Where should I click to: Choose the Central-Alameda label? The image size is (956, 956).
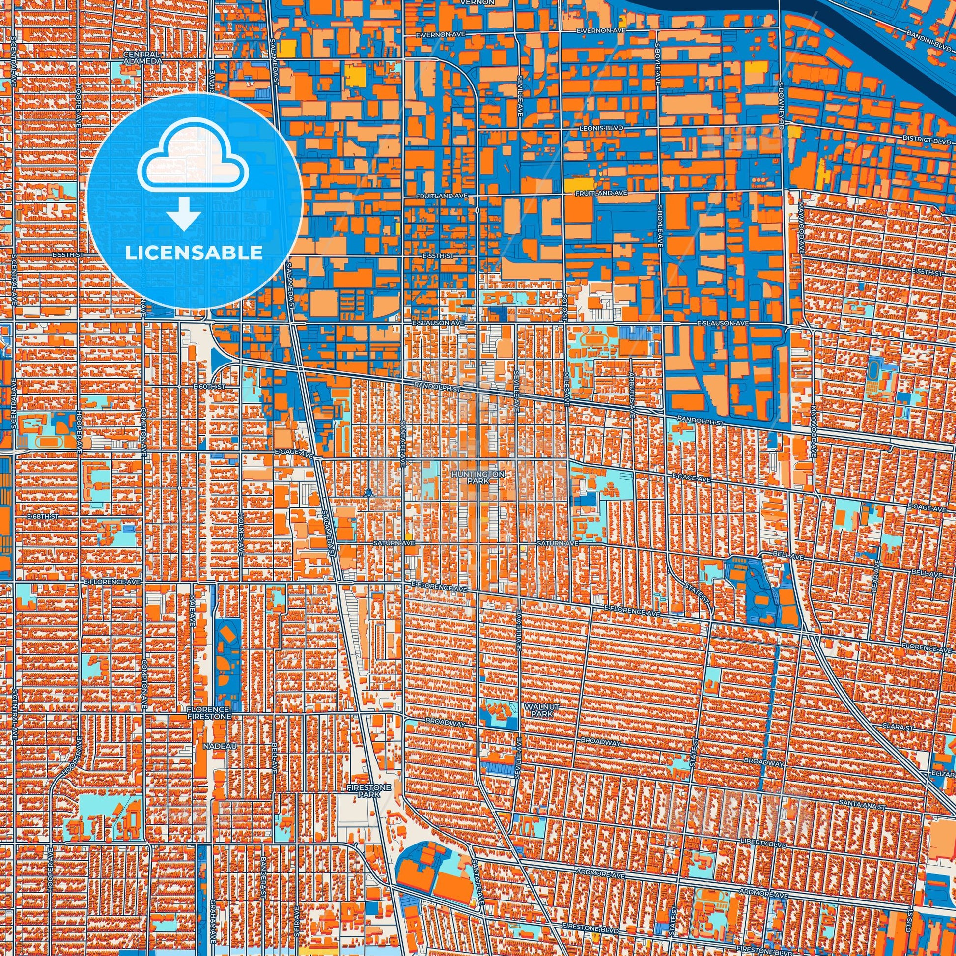tap(142, 57)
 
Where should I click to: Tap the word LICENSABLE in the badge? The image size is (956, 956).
tap(194, 253)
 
